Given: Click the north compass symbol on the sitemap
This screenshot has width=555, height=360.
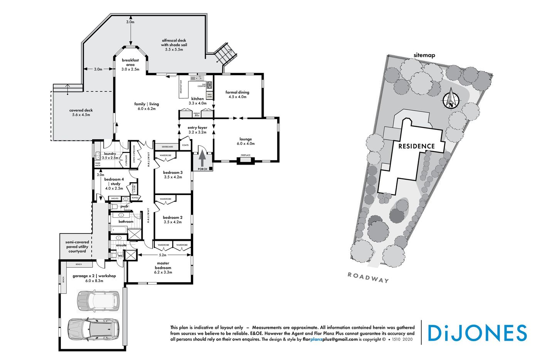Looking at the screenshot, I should pos(451,99).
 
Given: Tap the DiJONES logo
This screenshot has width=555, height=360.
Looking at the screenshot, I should pos(477,333).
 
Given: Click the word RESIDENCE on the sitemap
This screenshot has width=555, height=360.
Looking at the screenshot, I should pos(416,146).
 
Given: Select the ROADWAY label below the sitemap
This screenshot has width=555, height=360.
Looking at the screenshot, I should pos(368,278).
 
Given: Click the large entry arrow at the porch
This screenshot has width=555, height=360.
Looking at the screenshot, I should pos(202,157).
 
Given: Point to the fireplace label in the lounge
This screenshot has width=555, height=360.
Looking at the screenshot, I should pos(246,155).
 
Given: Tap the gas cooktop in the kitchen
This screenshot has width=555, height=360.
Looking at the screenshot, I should pos(209,85).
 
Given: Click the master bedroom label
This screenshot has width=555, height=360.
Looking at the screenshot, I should pos(163,267).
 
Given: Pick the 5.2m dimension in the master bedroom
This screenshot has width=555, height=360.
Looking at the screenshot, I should pos(163,255).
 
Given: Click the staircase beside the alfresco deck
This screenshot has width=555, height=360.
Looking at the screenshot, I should pos(226,54).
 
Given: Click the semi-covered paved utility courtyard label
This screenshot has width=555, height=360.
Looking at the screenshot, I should pos(77,247).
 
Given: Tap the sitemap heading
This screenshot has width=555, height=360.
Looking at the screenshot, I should pos(424,55).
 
